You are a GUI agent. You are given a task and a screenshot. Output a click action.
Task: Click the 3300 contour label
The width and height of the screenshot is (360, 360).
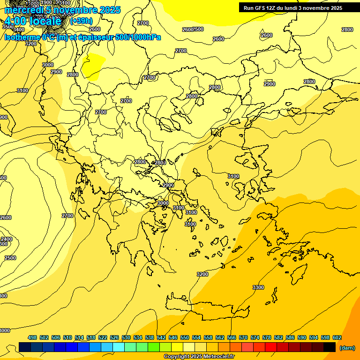(258, 287)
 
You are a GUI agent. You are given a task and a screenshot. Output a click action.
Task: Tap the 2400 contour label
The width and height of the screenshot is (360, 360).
(7, 239)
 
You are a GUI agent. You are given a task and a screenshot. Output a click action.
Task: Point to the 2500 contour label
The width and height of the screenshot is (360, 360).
(10, 258)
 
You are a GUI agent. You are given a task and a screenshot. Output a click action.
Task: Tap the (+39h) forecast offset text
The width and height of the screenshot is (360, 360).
(81, 21)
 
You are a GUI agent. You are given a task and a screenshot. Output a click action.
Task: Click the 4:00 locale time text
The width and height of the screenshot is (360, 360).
(33, 22)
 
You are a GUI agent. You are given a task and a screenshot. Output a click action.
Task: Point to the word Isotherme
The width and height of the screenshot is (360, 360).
(22, 37)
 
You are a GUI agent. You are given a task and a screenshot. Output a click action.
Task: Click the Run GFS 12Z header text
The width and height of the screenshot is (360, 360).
(262, 8)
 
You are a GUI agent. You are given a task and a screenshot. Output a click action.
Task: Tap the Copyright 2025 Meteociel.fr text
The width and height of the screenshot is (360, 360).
(199, 357)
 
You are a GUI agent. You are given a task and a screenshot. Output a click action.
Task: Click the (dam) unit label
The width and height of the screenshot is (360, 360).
(347, 348)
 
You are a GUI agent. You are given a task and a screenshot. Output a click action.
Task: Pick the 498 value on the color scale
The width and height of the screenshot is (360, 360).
(32, 337)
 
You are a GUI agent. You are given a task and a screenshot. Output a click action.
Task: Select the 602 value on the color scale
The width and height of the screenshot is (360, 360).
(337, 337)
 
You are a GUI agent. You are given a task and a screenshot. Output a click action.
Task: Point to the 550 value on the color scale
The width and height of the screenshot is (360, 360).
(185, 337)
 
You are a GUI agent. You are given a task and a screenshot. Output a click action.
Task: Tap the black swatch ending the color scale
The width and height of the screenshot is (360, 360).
(330, 347)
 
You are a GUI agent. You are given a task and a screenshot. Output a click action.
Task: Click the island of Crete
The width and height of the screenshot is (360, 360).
(206, 307)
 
